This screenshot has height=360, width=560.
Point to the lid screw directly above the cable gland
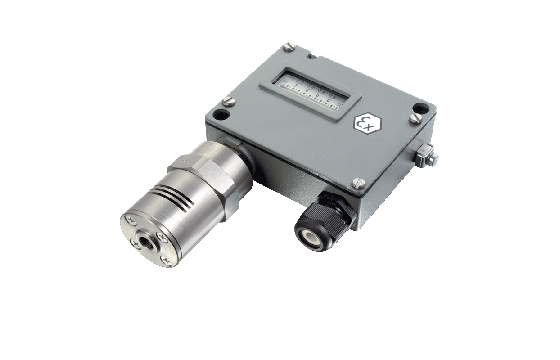359,181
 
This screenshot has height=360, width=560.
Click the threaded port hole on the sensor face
159,237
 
